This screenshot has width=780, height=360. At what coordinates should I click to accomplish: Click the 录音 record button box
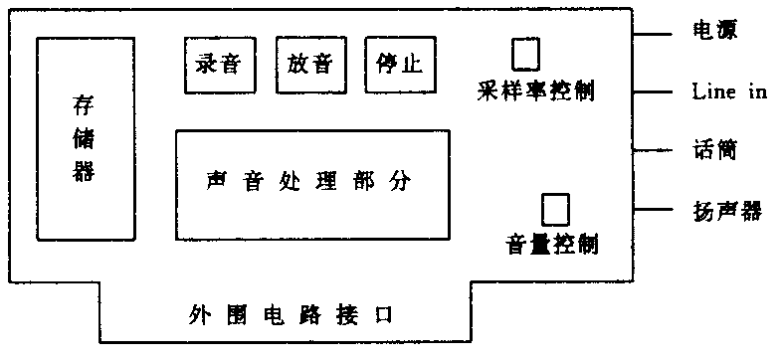click(219, 66)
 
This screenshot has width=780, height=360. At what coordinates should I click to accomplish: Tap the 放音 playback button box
click(309, 66)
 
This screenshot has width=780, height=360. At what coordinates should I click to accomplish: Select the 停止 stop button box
click(399, 66)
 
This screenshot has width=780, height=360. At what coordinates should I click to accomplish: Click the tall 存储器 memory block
click(85, 138)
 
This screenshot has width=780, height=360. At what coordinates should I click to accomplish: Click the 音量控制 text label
click(552, 244)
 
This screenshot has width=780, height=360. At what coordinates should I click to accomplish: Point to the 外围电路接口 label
click(292, 315)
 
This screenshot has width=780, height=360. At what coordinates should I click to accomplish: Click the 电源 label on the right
click(713, 31)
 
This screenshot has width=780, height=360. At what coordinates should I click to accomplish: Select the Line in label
click(729, 92)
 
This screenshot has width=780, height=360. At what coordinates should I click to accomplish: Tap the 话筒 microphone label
click(713, 150)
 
